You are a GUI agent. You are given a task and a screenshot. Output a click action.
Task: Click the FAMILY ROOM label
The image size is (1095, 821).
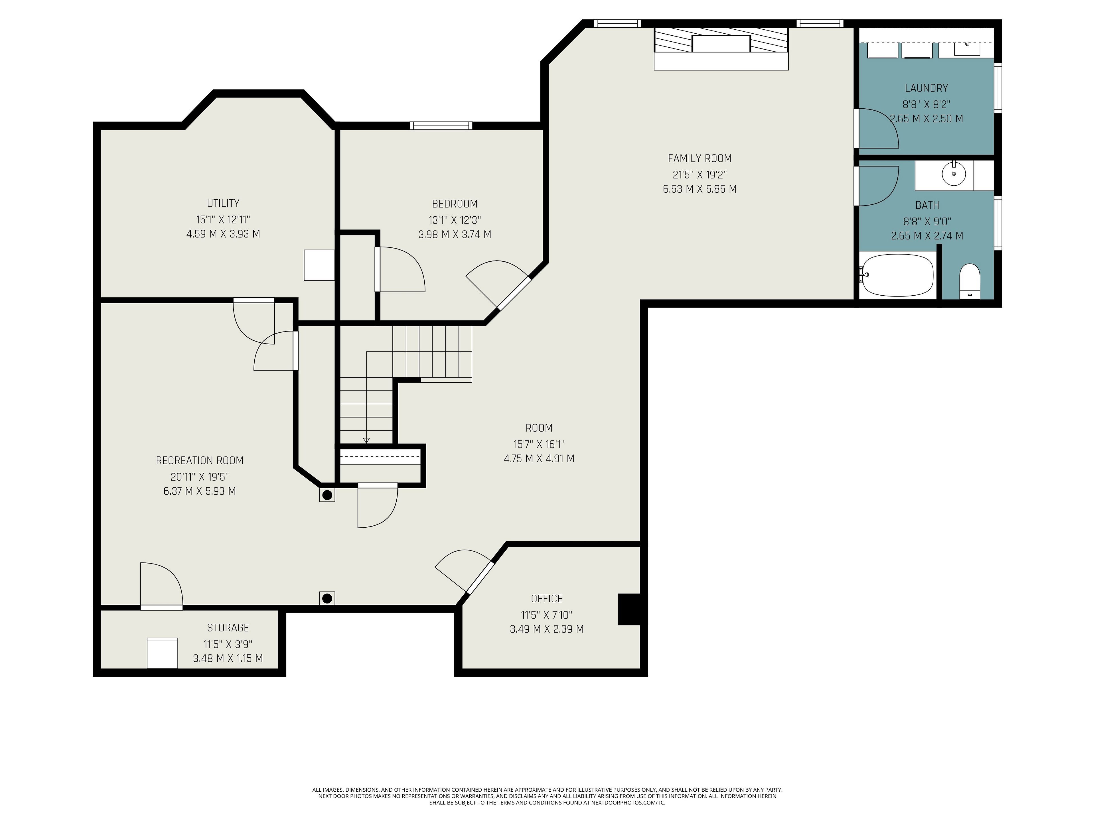coord(699,158)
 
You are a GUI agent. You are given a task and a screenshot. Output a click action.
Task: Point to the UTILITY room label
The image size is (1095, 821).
coord(223,203)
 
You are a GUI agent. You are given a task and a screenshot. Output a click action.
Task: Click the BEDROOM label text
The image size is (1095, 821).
coord(455,204)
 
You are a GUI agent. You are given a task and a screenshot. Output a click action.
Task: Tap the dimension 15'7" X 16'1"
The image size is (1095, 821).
coord(539,444)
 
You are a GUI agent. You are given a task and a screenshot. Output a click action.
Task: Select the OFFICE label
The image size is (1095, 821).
coord(547,599)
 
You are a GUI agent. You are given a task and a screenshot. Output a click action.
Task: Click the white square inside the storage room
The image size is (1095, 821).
coord(162,653)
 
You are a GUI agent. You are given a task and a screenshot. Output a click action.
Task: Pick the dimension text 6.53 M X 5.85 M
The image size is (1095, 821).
coord(699,189)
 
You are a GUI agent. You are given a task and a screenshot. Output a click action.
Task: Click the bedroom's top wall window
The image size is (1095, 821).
coord(441,126)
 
